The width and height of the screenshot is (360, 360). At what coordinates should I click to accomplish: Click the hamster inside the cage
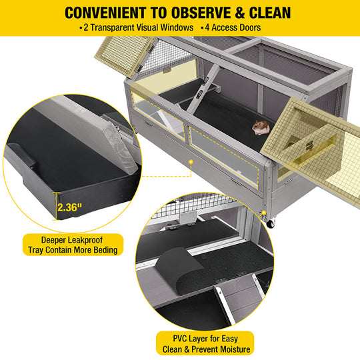pyautogui.click(x=261, y=127)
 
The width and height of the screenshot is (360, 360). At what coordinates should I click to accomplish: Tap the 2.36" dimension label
pyautogui.click(x=69, y=207)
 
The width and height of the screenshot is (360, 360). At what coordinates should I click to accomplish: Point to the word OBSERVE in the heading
pyautogui.click(x=201, y=13)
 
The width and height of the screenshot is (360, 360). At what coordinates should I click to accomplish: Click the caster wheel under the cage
pyautogui.click(x=270, y=223)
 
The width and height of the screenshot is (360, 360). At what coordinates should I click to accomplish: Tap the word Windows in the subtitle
pyautogui.click(x=177, y=27)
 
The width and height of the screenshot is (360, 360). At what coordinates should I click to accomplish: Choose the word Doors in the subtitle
pyautogui.click(x=249, y=27)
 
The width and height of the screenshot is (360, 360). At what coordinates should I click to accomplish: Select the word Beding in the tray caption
pyautogui.click(x=104, y=250)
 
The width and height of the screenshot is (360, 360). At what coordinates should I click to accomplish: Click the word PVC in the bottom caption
pyautogui.click(x=180, y=339)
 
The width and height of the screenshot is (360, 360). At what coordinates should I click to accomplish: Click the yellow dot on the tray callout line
pyautogui.click(x=191, y=162)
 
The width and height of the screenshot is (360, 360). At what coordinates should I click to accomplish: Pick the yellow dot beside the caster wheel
pyautogui.click(x=264, y=213)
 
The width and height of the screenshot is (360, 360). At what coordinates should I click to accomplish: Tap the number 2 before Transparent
pyautogui.click(x=86, y=27)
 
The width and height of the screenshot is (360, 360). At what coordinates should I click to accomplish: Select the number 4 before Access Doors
pyautogui.click(x=207, y=27)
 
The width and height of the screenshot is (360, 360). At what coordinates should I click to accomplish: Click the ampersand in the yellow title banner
pyautogui.click(x=240, y=13)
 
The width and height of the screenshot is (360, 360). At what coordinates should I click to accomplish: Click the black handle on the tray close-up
pyautogui.click(x=22, y=154)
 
